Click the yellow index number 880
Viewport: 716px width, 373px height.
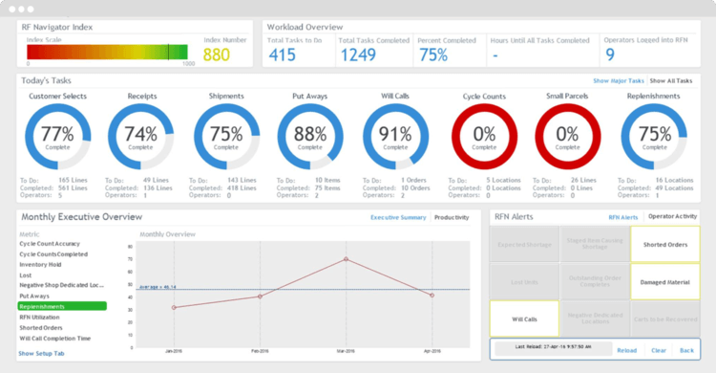point(217,55)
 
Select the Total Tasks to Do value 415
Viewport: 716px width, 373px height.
point(282,55)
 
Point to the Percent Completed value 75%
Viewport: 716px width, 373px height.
point(433,55)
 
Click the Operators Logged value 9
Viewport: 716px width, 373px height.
point(610,55)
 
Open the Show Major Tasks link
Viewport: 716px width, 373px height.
point(618,81)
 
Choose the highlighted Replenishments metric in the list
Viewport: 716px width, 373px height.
point(62,306)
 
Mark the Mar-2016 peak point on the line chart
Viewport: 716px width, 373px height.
point(346,259)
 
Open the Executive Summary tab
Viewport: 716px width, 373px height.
point(398,217)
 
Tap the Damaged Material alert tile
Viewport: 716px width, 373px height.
point(663,282)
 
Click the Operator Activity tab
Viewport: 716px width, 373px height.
point(673,217)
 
